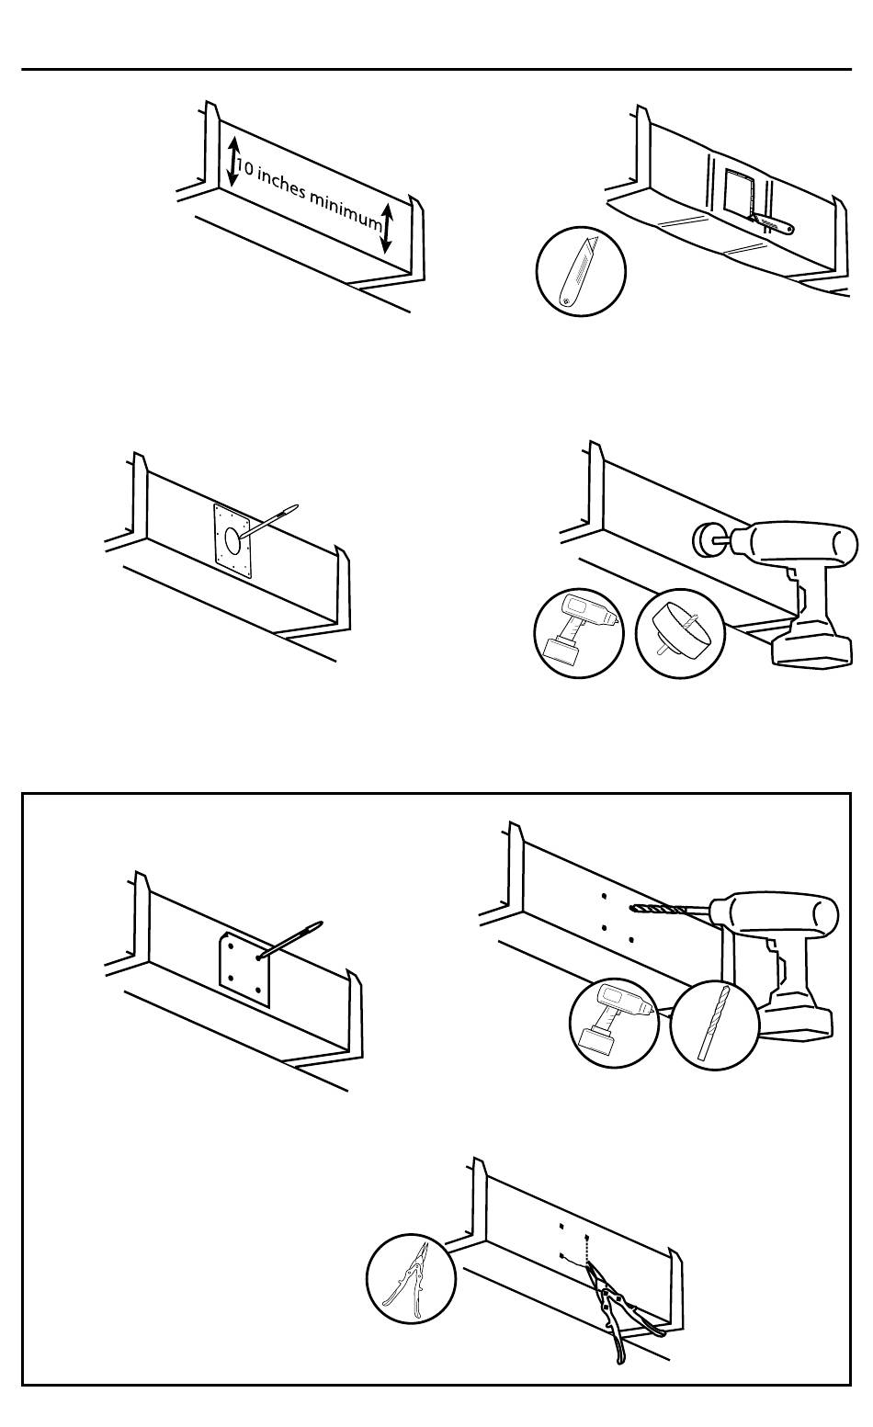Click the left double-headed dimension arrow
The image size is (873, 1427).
click(x=233, y=161)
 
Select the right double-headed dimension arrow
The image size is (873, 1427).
click(x=387, y=228)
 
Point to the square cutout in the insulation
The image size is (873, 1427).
click(x=738, y=194)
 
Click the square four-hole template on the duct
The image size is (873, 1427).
click(x=244, y=970)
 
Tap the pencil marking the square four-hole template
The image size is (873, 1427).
click(x=292, y=939)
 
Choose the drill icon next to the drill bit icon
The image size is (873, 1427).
click(x=614, y=1024)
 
